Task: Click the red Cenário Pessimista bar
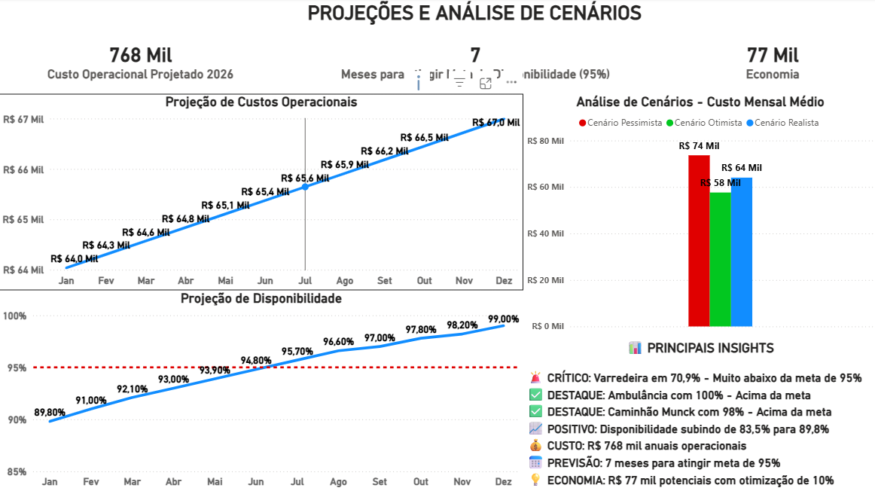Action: coord(699,241)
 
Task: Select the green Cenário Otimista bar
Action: coord(720,260)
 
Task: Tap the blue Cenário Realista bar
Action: coord(741,252)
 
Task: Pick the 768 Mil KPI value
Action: coord(141,55)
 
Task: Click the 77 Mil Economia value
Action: coord(773,55)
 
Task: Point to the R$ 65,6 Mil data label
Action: coord(305,178)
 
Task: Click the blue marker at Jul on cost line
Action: coord(305,186)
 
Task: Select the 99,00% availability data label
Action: coord(503,319)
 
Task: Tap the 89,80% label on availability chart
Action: coord(50,413)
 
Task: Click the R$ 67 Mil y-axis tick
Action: coord(23,120)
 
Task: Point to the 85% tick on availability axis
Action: coord(17,472)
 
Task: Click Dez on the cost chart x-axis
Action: coord(504,281)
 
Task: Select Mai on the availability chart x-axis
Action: coord(215,481)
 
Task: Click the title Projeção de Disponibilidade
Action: coord(261,298)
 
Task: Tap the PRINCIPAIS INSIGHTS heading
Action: coord(700,348)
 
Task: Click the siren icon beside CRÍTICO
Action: coord(536,378)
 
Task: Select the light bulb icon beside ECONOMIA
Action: coord(536,480)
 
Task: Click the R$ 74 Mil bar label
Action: coord(699,146)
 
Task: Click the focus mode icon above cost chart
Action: coord(486,83)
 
